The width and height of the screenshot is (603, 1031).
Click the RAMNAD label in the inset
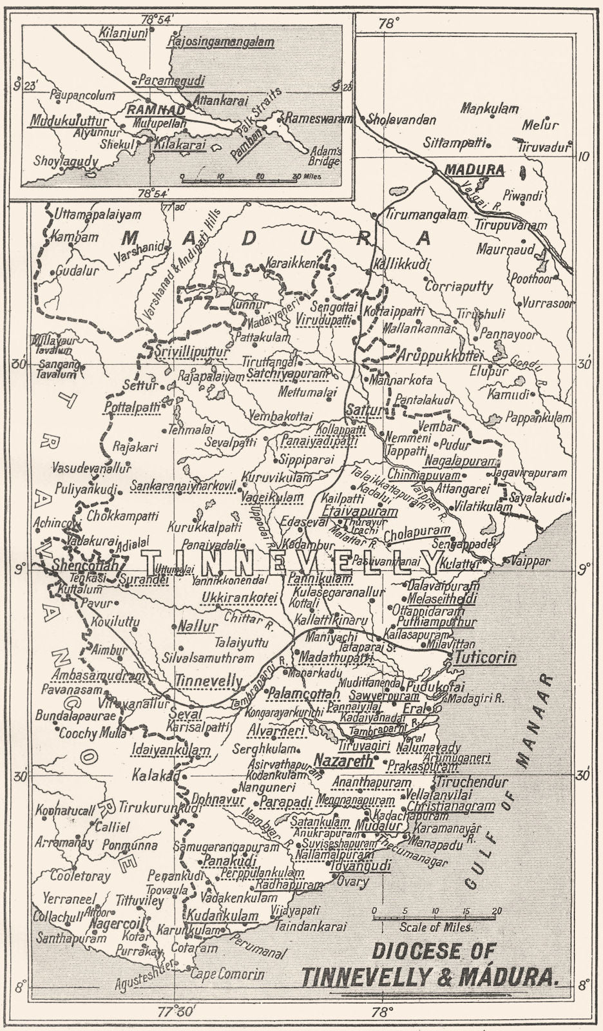(x=148, y=110)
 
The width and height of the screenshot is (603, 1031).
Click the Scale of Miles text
(x=436, y=927)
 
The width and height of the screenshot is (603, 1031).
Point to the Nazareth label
(x=343, y=761)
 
